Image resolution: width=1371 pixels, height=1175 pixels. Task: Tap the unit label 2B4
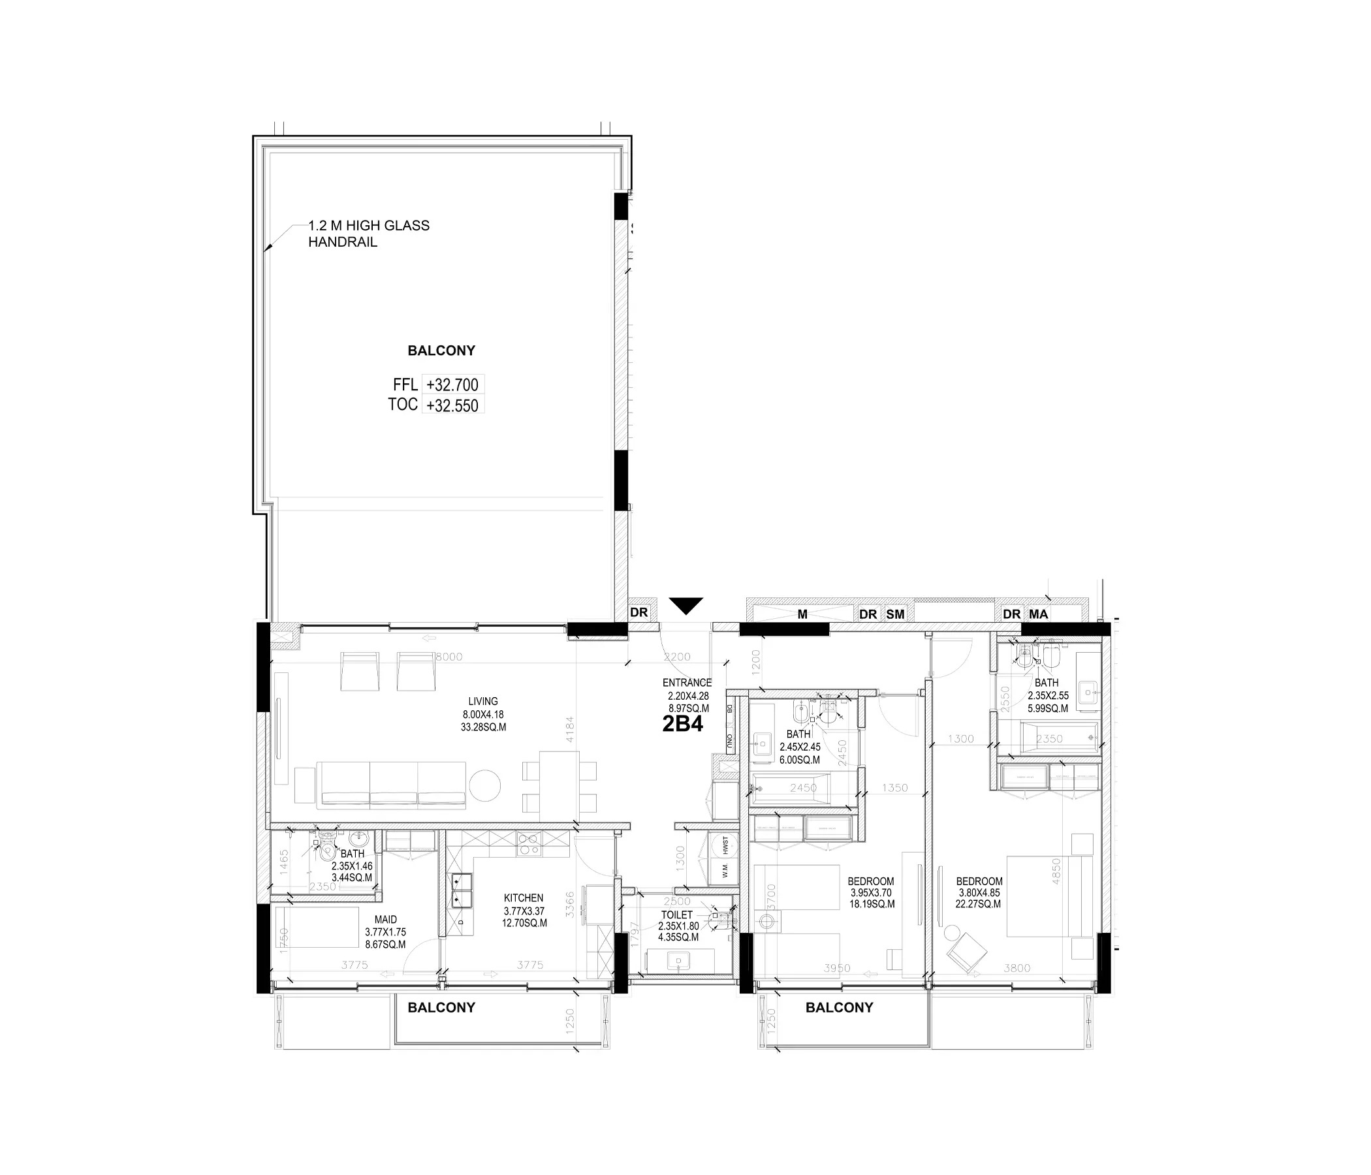point(682,725)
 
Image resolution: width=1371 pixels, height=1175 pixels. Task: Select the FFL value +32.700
point(452,384)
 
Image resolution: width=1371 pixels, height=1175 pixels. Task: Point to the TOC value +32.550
point(452,405)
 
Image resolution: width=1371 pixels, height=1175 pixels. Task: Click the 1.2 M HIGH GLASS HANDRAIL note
point(369,234)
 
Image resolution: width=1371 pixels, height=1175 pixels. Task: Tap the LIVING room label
point(483,701)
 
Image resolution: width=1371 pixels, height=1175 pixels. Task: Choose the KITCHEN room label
point(524,898)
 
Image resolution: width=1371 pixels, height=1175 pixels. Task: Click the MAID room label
point(386,920)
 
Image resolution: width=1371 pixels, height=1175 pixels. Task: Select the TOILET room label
point(677,915)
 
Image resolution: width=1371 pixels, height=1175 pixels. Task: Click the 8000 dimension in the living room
point(449,657)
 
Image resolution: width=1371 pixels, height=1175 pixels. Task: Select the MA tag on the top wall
point(1038,614)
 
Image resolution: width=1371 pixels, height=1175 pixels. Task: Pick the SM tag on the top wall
point(895,614)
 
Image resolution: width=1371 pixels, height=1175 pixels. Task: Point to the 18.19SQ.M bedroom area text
point(872,903)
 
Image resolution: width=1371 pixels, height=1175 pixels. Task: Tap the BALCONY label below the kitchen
point(441,1008)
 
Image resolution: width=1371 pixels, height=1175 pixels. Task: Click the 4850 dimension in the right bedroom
point(1056,871)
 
